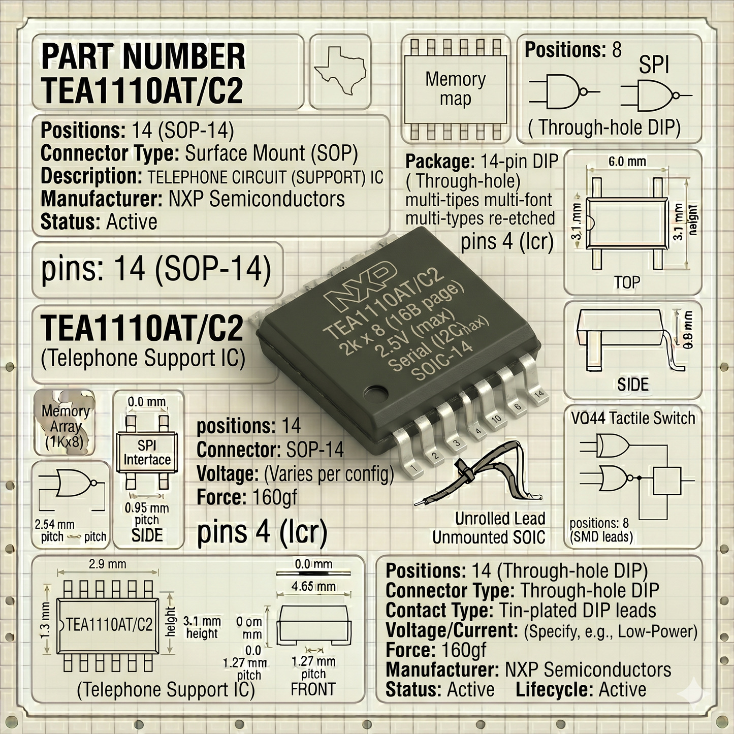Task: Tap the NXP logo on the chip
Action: click(359, 284)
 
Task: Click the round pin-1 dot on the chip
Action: click(375, 393)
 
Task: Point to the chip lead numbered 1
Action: click(409, 453)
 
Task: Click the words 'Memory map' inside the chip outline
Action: click(456, 89)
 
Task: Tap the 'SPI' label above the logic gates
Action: click(654, 65)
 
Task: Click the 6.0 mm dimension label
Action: click(627, 162)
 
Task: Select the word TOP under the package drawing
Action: click(627, 282)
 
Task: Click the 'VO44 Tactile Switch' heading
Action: click(633, 418)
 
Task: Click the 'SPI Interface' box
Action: click(147, 452)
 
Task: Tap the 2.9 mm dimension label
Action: click(107, 564)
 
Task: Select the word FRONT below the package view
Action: click(313, 689)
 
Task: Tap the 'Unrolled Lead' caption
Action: click(500, 519)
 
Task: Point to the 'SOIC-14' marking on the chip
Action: click(442, 361)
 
